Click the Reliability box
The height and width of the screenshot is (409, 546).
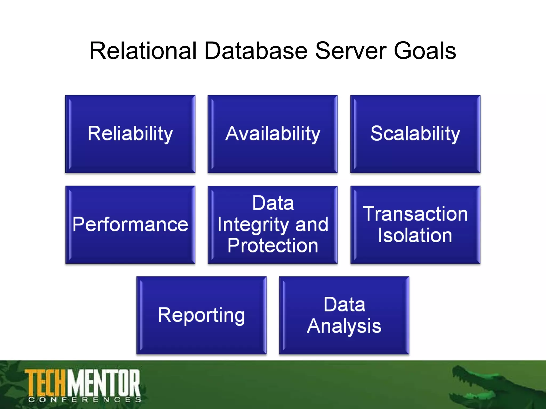130,134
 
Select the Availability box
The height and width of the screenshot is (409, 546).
272,134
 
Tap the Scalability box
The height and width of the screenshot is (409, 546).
415,134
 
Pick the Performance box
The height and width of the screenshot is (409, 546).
130,224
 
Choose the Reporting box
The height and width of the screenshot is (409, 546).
201,315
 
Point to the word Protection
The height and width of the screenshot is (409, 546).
273,246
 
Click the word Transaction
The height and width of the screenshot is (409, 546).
415,214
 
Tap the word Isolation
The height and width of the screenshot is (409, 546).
415,235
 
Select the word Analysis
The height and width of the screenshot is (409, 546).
344,326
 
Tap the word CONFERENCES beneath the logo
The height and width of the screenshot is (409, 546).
85,400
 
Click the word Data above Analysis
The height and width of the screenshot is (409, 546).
344,305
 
